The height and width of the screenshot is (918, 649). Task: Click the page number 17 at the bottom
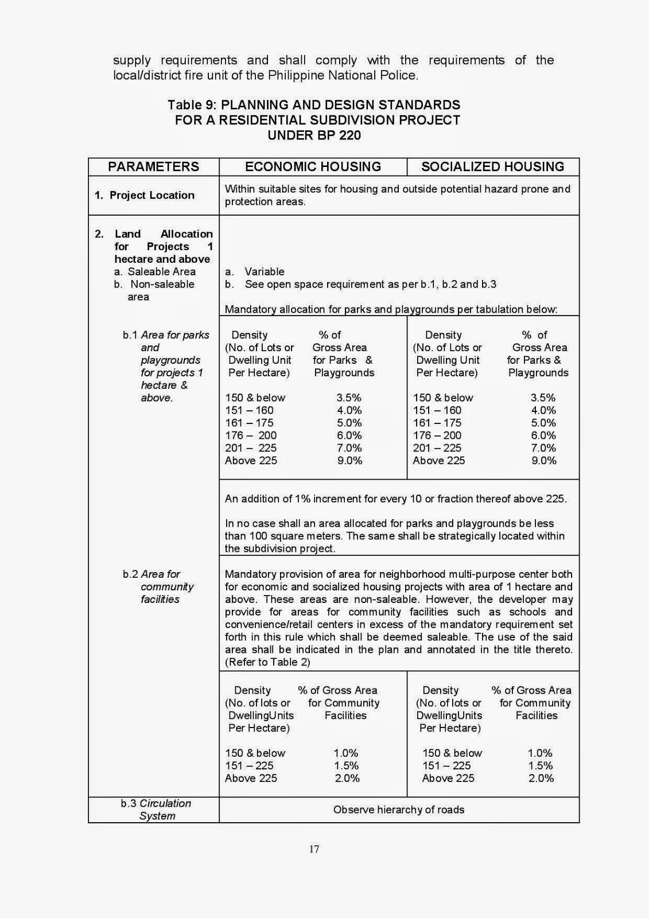click(314, 849)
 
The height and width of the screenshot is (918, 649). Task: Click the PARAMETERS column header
click(153, 166)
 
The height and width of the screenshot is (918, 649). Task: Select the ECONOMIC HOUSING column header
click(313, 166)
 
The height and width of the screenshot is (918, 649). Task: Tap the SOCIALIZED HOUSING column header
click(492, 166)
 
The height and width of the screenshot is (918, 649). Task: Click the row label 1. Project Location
click(145, 195)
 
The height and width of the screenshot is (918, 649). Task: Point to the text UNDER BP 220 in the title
click(314, 135)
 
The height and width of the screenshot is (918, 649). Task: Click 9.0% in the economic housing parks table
click(349, 460)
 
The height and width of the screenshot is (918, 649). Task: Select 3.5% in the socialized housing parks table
click(543, 398)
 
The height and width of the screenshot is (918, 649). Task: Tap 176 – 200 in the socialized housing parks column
click(437, 435)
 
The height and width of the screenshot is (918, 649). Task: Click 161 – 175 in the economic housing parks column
click(249, 423)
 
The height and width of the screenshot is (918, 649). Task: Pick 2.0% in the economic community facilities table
click(347, 778)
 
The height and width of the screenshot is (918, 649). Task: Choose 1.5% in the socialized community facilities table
click(540, 765)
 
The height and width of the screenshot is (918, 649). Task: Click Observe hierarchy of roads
click(399, 810)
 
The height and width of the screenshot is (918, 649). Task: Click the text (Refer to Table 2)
click(267, 662)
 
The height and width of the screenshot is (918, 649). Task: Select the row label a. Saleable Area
click(155, 271)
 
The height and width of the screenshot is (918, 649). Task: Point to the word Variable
click(264, 271)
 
